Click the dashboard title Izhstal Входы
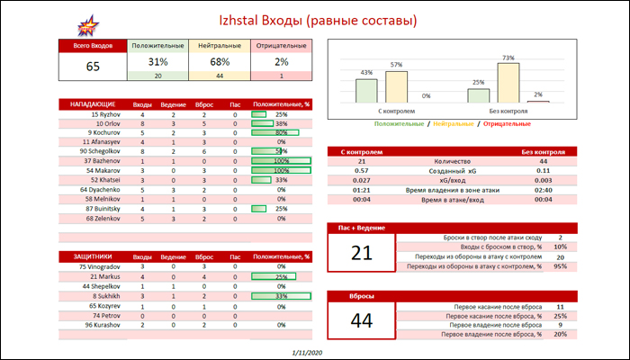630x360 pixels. point(315,20)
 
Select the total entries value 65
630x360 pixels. point(94,66)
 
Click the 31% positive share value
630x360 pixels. point(158,62)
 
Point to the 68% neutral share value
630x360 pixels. point(219,62)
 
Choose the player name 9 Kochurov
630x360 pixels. point(104,133)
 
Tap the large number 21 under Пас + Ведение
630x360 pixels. point(361,254)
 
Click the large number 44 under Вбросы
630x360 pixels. point(361,319)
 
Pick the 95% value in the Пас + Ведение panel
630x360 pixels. point(560,266)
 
